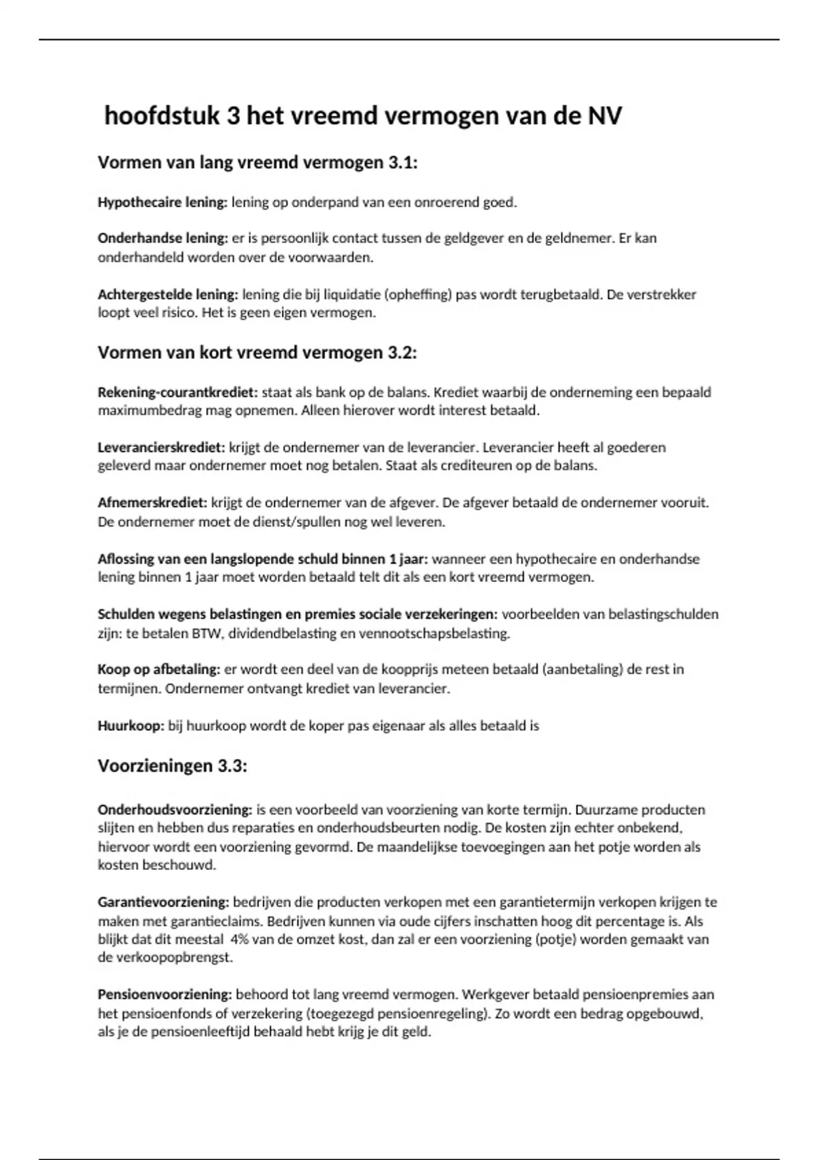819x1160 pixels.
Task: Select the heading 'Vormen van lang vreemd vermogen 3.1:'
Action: click(257, 163)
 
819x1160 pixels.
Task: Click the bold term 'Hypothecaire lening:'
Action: click(162, 203)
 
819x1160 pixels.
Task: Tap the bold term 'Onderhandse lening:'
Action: click(162, 239)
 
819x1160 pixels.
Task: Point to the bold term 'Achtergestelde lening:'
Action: click(167, 295)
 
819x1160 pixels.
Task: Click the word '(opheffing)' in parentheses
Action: click(417, 295)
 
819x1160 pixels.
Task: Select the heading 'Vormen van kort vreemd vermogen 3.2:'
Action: click(257, 353)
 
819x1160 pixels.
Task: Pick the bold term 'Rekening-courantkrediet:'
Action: click(177, 392)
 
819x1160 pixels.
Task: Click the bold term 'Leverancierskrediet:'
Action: click(161, 448)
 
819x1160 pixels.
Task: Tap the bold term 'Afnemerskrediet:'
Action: click(152, 503)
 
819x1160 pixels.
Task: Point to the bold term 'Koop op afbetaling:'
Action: click(158, 669)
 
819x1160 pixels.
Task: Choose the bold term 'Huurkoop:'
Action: click(131, 726)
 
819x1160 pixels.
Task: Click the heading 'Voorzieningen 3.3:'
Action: click(172, 766)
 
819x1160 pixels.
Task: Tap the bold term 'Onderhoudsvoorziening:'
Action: click(175, 810)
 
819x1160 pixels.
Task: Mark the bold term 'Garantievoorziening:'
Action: click(163, 902)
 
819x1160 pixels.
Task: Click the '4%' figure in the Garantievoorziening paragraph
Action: click(241, 940)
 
